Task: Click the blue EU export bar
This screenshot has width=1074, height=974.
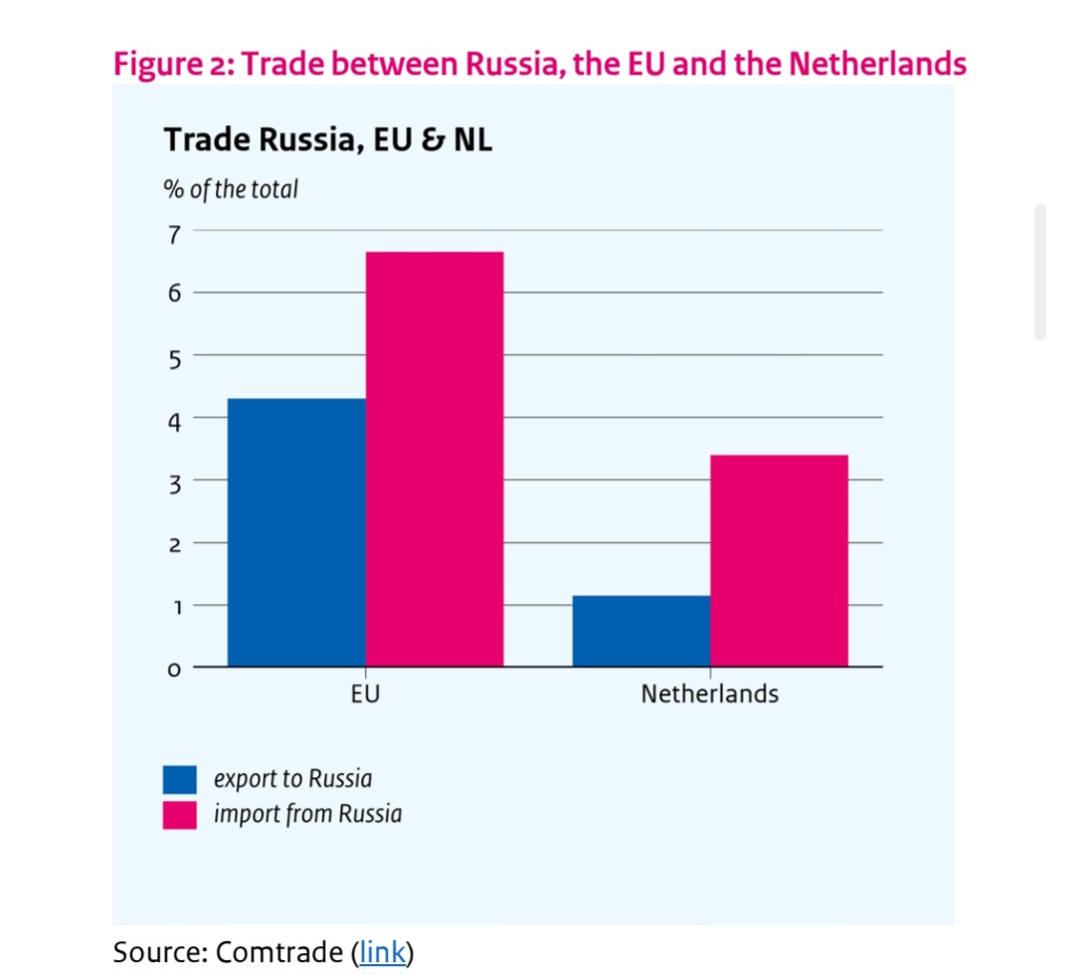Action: [x=296, y=532]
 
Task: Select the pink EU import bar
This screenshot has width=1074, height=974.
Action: [x=435, y=459]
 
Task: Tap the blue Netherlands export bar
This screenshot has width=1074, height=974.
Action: [x=641, y=631]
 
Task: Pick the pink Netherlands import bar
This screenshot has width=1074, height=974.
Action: [x=779, y=560]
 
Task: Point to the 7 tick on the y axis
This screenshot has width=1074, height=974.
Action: [x=174, y=235]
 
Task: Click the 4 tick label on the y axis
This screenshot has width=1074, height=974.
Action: [x=174, y=420]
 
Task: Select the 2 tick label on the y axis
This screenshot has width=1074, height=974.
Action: [x=174, y=545]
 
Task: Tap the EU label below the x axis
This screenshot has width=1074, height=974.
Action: [x=365, y=693]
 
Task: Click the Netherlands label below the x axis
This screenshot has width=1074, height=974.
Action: [x=709, y=693]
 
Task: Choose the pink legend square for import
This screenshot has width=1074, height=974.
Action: [x=180, y=815]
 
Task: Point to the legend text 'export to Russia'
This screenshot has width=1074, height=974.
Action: [x=292, y=779]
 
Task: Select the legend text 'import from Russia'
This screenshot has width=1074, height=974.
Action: [x=307, y=814]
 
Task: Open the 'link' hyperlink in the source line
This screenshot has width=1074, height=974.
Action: [x=383, y=952]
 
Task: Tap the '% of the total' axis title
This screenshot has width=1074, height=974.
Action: [x=231, y=189]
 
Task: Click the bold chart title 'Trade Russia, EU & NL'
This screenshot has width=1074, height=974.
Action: [x=327, y=140]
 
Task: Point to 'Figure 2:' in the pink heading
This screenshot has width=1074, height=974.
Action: [x=173, y=65]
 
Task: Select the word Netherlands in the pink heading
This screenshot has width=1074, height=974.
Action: [x=877, y=65]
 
